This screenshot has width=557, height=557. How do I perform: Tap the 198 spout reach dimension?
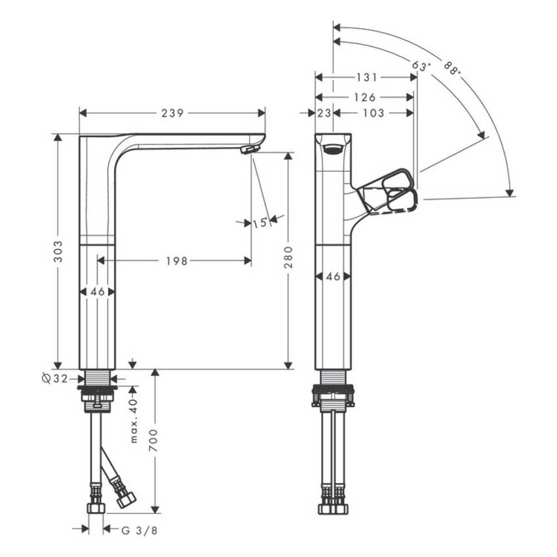(176, 261)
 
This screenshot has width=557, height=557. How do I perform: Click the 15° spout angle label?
(260, 223)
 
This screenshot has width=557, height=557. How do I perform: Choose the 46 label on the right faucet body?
(333, 277)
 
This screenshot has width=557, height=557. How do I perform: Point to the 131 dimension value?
(366, 77)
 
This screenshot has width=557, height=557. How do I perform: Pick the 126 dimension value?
(364, 97)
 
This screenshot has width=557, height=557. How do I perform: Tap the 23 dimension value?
(324, 113)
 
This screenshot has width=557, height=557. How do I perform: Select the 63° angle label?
(421, 67)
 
